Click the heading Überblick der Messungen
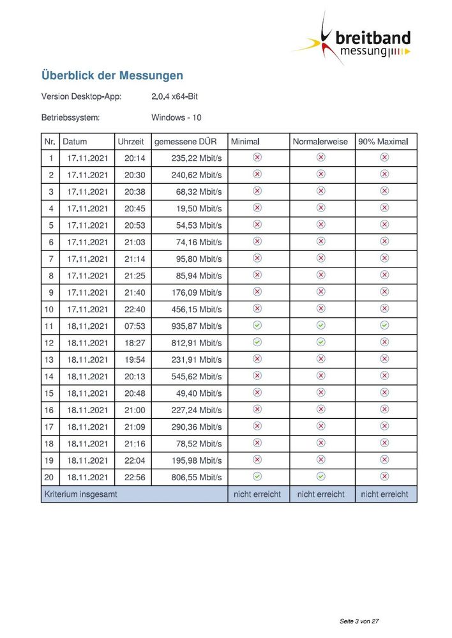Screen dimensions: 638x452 point(112,75)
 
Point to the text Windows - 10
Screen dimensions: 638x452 point(176,118)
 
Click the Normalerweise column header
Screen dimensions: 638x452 point(320,141)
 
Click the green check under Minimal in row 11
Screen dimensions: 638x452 point(257,325)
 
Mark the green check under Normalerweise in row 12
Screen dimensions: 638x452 point(321,342)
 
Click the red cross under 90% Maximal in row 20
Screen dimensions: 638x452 point(384,476)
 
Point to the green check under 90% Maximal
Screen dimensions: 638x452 point(384,325)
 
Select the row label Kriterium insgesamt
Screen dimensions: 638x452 point(80,494)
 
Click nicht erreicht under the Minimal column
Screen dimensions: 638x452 point(257,494)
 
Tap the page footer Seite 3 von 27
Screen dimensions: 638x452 point(360,620)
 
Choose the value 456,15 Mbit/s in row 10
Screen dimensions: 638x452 point(197,309)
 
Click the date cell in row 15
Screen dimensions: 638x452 point(87,393)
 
